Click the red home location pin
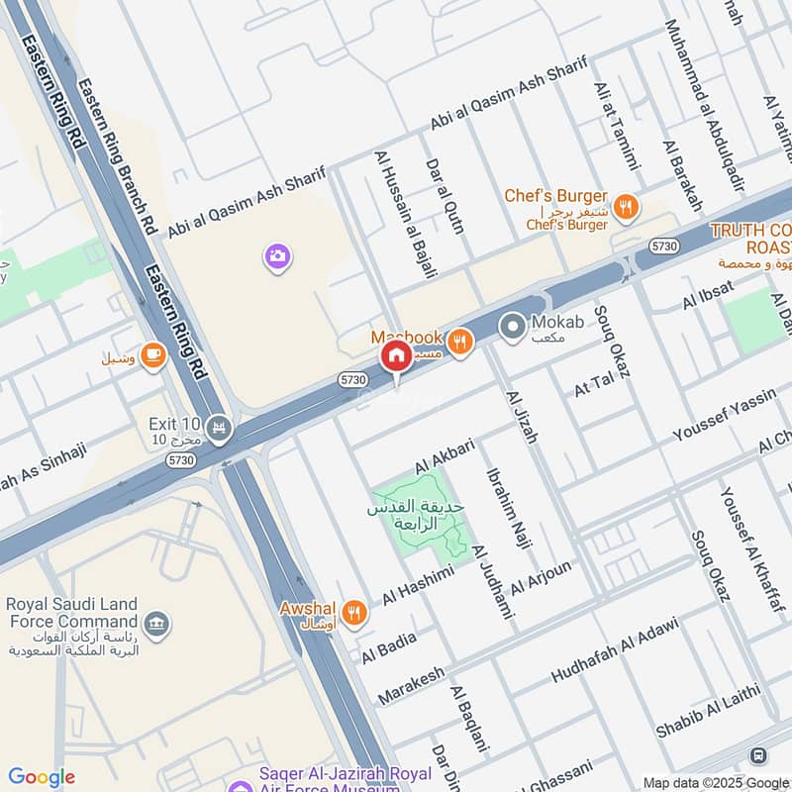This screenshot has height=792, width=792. coord(396,357)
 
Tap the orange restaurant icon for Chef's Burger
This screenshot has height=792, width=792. coord(625,207)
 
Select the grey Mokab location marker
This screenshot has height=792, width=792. coord(512,325)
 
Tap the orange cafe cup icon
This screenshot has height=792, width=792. coord(152,354)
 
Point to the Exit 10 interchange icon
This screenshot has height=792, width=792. coord(220,429)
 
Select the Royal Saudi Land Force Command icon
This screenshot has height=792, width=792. coord(155,624)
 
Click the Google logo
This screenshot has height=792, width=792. coord(42,777)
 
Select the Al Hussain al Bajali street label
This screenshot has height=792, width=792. coord(405,214)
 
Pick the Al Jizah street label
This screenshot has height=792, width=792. coord(522,416)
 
